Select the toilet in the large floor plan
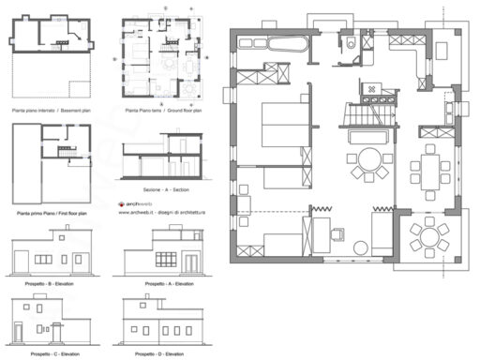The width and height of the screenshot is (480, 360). coord(349,42)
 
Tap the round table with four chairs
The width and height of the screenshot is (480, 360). coord(368,163)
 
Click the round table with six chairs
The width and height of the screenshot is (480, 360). coord(430,237)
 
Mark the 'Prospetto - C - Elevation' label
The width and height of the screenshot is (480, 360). coord(49,353)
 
